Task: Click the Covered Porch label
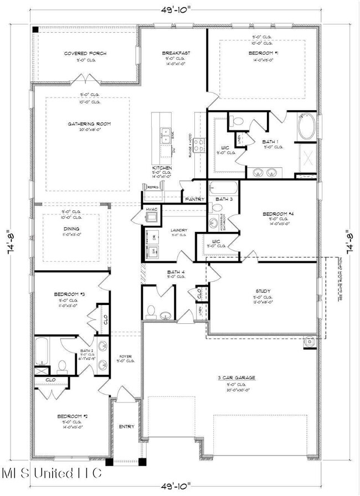coord(85,54)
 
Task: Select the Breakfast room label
coord(176,53)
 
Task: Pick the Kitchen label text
coord(162,168)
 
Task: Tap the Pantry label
coord(194,199)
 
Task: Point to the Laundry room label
coord(178,230)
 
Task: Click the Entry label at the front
coord(127,426)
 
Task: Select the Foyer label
coord(126,356)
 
